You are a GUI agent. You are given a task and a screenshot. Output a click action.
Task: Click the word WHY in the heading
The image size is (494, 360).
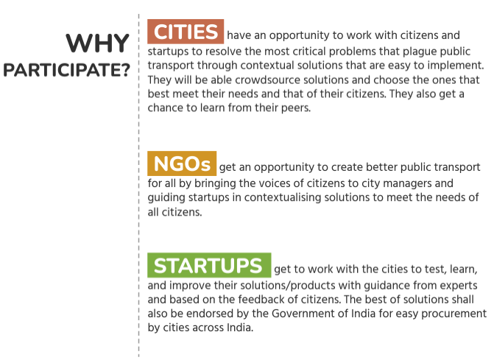[x=97, y=43]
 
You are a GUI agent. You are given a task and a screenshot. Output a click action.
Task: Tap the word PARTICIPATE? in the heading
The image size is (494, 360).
[x=66, y=70]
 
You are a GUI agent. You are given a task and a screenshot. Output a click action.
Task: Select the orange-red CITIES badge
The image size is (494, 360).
[x=186, y=32]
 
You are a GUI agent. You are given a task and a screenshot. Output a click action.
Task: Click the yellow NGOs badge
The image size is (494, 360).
[x=182, y=163]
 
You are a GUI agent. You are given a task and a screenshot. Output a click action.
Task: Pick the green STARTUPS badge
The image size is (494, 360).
[x=209, y=265]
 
